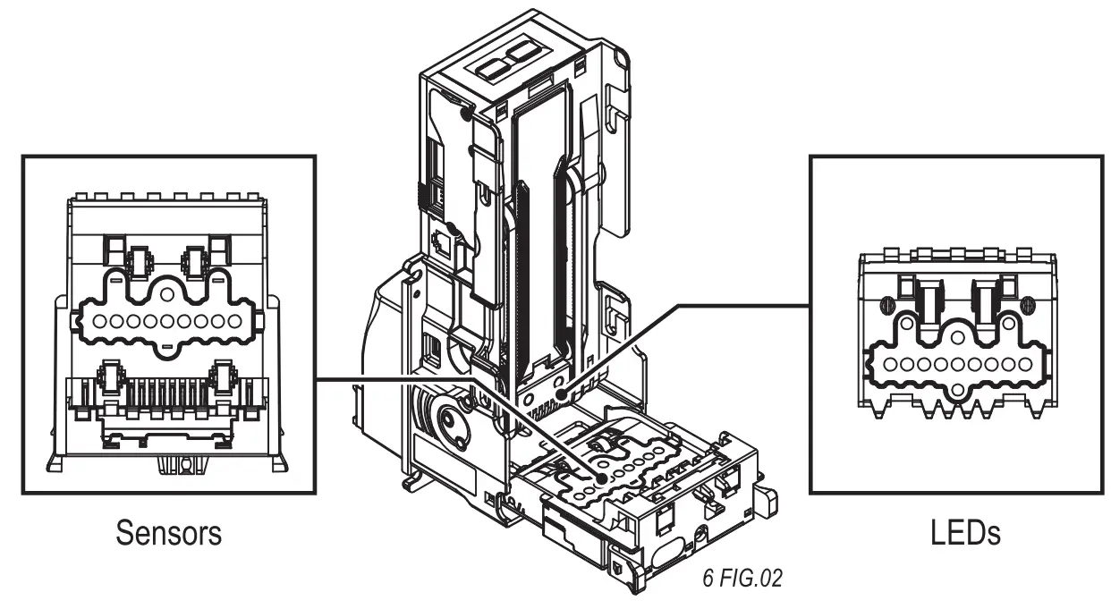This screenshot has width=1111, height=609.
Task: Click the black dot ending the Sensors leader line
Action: click(x=601, y=479)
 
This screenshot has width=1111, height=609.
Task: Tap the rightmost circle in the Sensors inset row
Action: click(x=236, y=321)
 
